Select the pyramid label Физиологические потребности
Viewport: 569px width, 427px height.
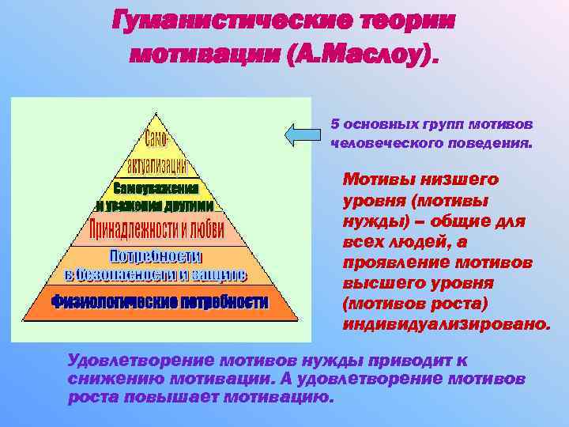coord(160,302)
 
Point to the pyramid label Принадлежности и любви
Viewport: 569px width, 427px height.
coord(156,231)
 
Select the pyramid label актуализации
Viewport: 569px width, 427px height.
coord(156,166)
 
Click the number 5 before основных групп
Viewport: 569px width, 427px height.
coord(335,125)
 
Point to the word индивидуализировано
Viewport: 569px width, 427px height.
coord(447,324)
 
